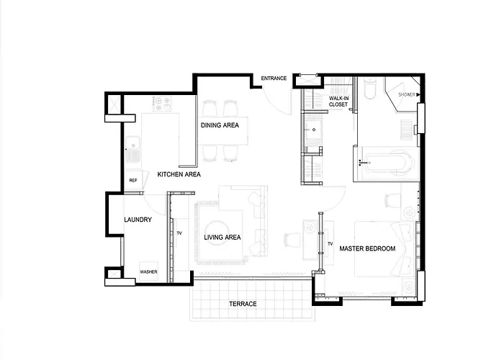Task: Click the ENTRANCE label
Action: point(274,78)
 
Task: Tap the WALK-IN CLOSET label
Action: point(338,102)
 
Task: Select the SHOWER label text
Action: point(407,94)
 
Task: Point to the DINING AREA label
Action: point(220,125)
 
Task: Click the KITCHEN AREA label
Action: point(179,174)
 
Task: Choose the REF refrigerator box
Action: point(134,180)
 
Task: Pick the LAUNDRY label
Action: point(138,220)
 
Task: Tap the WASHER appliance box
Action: point(148,271)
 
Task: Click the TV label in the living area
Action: point(179,233)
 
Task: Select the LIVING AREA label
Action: point(222,238)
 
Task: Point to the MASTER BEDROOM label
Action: point(367,249)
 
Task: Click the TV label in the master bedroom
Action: point(330,244)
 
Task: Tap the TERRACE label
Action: point(243,304)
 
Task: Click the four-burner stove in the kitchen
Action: point(162,104)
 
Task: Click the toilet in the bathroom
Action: point(369,89)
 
